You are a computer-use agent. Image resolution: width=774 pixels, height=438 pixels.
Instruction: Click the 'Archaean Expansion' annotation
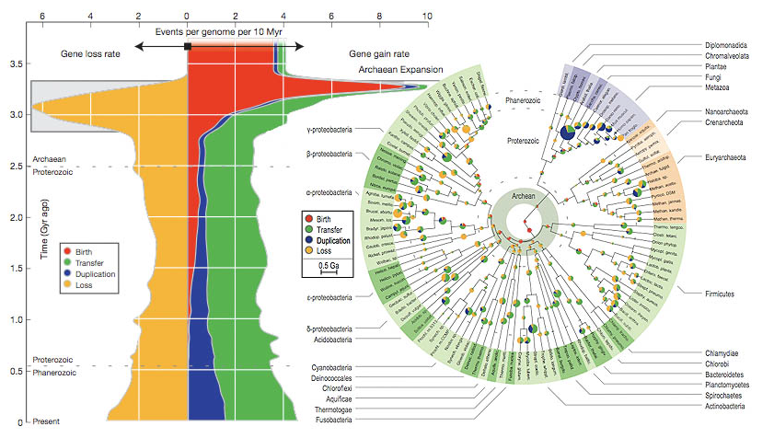(399, 69)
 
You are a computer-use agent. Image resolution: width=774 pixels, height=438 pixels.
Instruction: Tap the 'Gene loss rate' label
(91, 53)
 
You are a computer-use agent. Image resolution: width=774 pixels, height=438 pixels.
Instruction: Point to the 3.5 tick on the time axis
(16, 64)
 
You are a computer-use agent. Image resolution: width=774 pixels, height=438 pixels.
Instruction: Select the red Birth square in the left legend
(68, 250)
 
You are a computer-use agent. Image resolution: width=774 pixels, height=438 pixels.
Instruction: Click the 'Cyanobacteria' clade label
(325, 368)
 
